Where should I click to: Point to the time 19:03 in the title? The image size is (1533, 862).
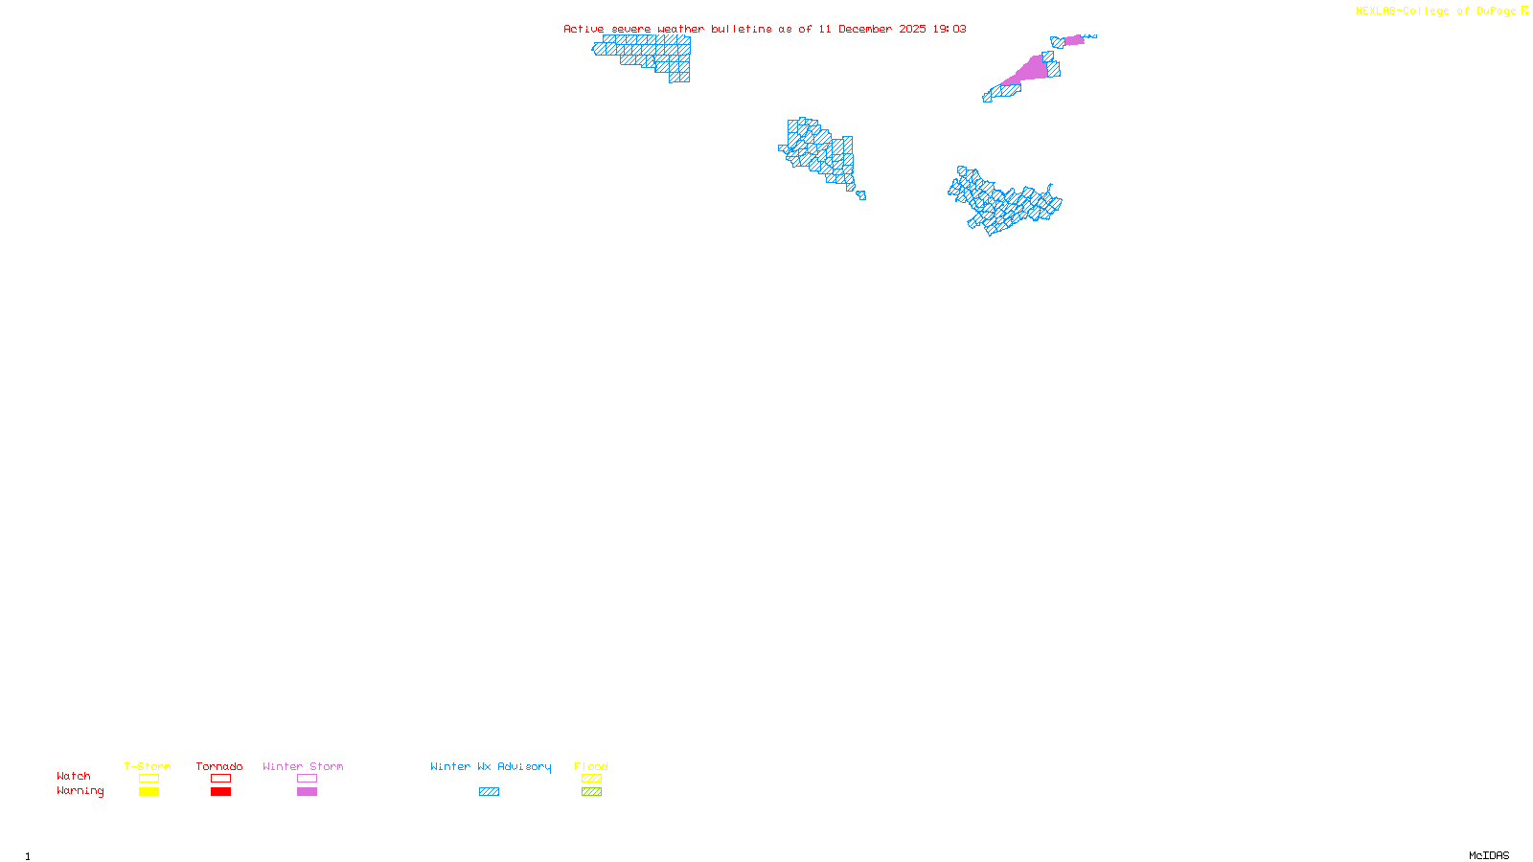point(950,29)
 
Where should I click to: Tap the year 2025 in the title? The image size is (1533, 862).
point(911,29)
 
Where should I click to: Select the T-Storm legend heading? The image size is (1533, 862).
point(148,766)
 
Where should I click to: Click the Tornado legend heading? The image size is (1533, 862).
point(219,766)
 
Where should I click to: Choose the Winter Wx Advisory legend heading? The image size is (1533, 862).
point(491,766)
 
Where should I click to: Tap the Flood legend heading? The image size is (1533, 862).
point(591,766)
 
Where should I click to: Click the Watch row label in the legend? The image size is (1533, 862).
point(74,776)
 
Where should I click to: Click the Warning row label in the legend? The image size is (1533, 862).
point(80,791)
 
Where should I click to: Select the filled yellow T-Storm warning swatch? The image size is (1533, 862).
point(149,792)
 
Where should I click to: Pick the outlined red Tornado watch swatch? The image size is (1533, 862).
point(221,779)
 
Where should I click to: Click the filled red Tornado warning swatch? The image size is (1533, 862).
point(221,792)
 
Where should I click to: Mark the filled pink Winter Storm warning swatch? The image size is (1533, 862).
point(307,792)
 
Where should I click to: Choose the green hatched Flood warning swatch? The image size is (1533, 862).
point(592,792)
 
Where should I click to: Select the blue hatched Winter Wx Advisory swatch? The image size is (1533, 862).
point(489,792)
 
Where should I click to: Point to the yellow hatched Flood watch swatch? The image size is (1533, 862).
point(592,779)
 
